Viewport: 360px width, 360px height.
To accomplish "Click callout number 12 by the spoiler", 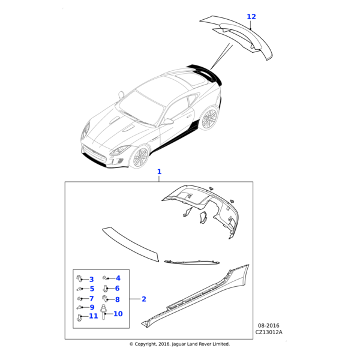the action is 251,17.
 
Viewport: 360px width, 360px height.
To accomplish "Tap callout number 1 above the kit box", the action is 159,172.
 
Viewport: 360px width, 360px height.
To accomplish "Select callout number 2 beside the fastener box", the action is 144,299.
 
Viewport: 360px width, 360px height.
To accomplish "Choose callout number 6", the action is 117,289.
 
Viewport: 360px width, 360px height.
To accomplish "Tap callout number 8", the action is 118,299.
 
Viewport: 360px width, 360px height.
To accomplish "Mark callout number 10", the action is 118,314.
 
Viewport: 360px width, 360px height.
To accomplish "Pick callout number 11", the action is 94,316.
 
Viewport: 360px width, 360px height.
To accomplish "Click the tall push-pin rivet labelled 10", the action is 104,311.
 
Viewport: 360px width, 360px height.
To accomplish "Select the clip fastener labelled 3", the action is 79,278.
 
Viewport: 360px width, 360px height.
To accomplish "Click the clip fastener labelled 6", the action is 106,289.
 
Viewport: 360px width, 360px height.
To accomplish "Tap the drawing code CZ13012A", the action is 269,332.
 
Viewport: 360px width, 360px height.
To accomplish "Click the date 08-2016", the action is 269,326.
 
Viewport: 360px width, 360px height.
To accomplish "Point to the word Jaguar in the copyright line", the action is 179,344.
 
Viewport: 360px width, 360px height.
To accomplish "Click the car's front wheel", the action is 140,157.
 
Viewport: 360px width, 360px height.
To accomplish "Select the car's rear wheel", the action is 209,118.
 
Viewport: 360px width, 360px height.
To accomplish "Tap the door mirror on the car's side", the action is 168,121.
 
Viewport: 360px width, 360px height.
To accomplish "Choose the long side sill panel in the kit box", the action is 195,296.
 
